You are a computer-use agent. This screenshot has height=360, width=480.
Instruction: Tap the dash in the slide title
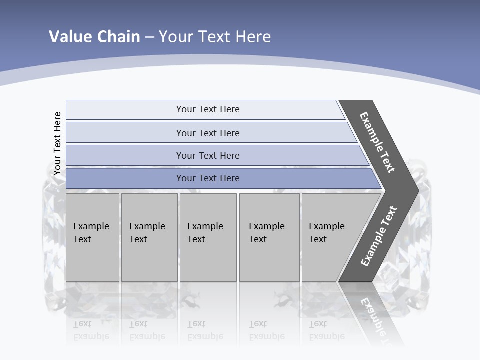pos(149,37)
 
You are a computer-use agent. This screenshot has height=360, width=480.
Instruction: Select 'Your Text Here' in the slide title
pos(214,37)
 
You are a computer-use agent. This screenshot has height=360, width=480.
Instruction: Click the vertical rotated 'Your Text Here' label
pos(57,143)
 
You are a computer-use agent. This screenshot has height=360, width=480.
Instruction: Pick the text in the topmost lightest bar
pos(208,109)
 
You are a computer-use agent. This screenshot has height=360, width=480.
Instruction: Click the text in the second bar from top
pos(208,133)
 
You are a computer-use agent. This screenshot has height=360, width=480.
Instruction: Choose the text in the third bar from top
pos(208,156)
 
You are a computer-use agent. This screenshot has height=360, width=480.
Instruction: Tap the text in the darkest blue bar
pos(208,178)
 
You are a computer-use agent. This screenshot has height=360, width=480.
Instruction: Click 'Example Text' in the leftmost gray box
pos(91,233)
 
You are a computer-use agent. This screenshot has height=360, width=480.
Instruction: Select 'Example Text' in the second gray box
pos(147,233)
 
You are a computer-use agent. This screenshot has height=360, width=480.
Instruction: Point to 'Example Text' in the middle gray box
pos(205,233)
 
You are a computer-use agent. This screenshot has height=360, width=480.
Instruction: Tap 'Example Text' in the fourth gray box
pos(266,233)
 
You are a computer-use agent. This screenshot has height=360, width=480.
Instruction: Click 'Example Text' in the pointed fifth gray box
pos(326,233)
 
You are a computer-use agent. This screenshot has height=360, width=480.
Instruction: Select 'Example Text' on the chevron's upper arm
pos(377,142)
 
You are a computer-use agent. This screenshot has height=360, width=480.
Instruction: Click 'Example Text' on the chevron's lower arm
pos(379,236)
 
